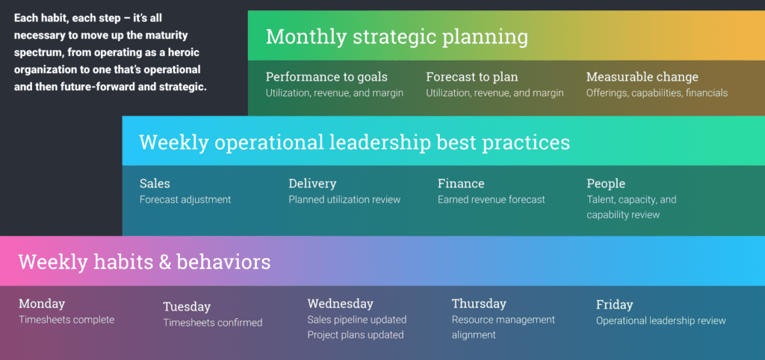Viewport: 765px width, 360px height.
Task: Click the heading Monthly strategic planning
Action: (397, 37)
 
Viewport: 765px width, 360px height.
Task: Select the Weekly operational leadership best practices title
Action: (355, 143)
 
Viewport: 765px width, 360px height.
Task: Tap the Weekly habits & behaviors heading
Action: (144, 262)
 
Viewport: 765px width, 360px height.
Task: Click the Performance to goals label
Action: (327, 77)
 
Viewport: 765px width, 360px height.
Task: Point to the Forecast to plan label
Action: (472, 77)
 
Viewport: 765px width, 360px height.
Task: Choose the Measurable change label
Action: (642, 77)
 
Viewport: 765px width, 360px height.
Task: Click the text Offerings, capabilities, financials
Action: (657, 93)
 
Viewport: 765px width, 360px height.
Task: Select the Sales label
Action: (155, 184)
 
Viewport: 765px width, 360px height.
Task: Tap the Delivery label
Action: (312, 184)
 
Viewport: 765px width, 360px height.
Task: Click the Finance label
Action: (461, 184)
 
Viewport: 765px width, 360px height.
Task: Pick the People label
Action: (606, 184)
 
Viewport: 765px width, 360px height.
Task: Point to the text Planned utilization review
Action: (344, 199)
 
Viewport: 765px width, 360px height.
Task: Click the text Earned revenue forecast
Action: (492, 199)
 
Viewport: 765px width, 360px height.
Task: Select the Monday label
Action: (42, 304)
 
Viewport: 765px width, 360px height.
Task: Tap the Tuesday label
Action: (187, 307)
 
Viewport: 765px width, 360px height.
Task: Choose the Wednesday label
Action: (340, 304)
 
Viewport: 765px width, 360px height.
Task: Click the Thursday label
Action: (479, 304)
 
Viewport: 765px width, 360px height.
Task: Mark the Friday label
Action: (614, 305)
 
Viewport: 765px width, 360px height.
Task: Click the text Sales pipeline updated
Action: (356, 320)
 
